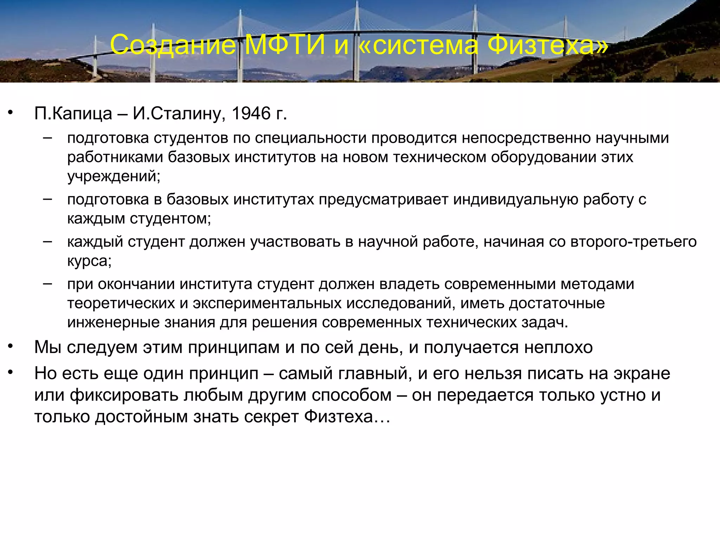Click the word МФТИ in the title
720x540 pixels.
[x=285, y=45]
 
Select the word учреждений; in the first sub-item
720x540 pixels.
[x=114, y=176]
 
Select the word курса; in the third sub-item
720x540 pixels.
[x=89, y=261]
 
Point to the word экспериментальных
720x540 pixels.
[x=267, y=303]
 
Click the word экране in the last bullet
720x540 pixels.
[x=642, y=373]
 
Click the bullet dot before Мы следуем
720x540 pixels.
[x=11, y=346]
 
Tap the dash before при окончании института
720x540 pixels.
[x=47, y=283]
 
